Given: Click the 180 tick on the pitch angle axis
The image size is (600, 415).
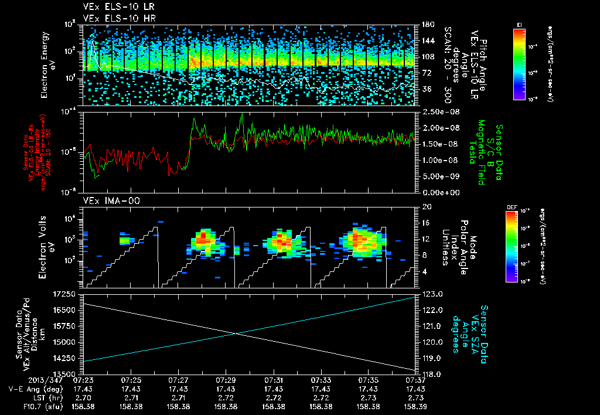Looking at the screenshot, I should (x=427, y=25).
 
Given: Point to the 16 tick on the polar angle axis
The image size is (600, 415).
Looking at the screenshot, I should (x=425, y=223).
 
